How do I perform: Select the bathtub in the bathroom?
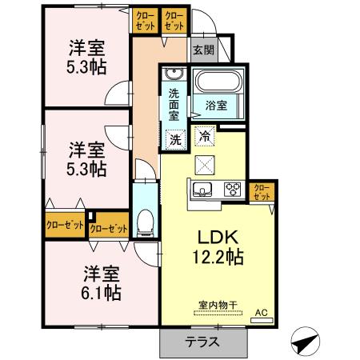218,83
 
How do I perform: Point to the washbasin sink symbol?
174,75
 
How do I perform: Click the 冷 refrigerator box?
205,137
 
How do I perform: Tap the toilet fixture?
145,221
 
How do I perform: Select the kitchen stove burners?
233,190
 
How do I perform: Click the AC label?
260,313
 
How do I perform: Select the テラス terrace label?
203,341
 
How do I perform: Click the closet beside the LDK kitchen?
261,191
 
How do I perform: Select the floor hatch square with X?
204,164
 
